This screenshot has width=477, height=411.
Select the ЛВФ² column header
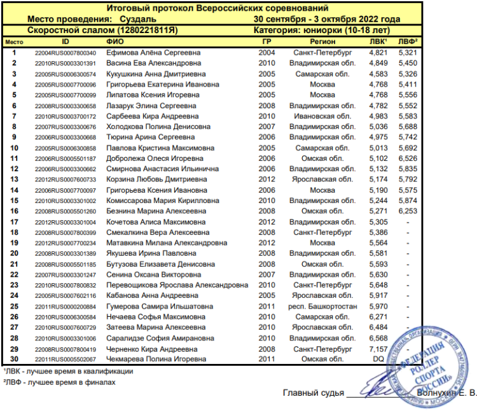click(x=408, y=41)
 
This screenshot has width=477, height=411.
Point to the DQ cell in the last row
click(x=378, y=359)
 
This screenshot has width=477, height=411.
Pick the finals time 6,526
click(x=407, y=158)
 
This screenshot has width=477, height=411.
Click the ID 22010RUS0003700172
click(x=66, y=116)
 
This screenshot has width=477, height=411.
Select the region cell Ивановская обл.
click(x=322, y=116)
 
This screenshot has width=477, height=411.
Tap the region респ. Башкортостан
click(x=322, y=306)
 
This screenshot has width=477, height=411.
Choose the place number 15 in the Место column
click(x=14, y=200)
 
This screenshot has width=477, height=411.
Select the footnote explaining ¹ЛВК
click(x=68, y=372)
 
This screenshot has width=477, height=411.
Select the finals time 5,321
click(x=407, y=53)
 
